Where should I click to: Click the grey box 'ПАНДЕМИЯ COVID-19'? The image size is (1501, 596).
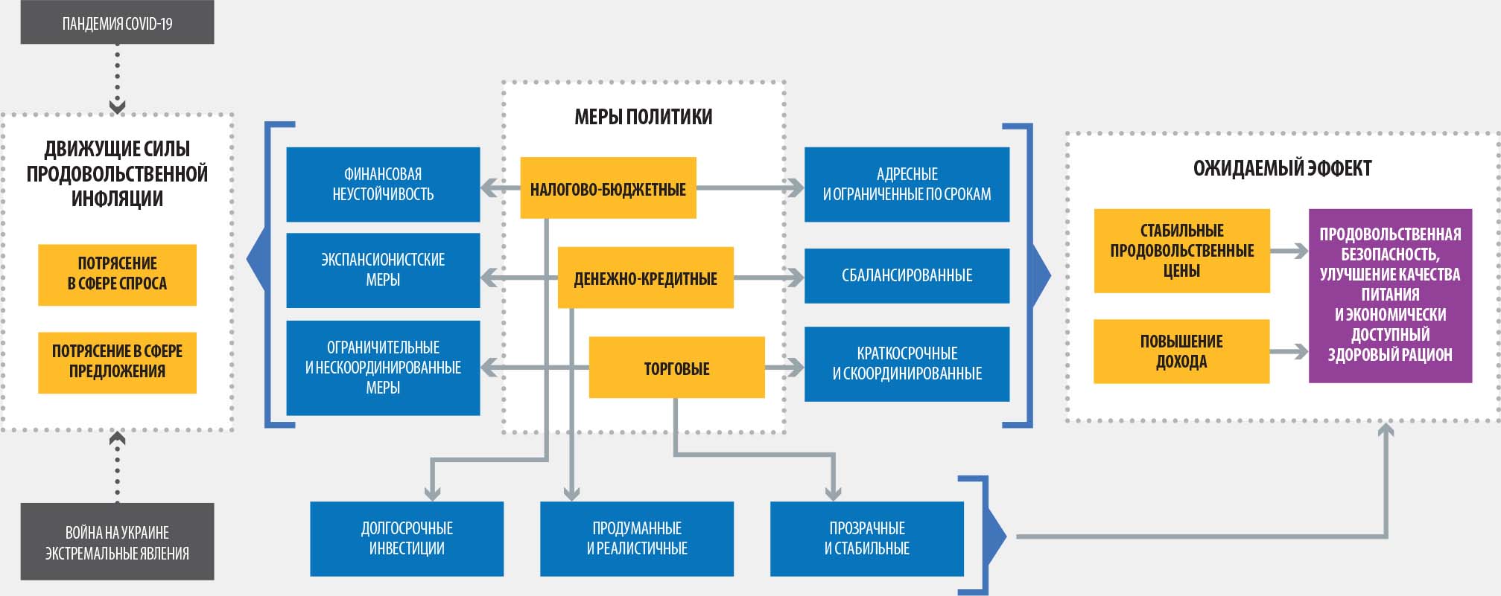coord(117,23)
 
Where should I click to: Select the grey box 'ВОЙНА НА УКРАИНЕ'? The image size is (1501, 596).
coord(117,542)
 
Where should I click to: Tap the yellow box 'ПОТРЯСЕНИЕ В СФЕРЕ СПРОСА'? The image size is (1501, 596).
coord(117,275)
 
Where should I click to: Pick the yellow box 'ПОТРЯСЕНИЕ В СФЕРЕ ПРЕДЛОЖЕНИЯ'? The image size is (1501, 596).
coord(117,362)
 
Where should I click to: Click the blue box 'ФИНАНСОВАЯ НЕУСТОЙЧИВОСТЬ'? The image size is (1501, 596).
coord(383,184)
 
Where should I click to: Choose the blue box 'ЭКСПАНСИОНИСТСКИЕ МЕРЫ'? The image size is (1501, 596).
coord(383,270)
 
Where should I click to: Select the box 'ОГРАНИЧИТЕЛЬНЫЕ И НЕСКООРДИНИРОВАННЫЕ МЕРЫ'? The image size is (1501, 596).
coord(383,368)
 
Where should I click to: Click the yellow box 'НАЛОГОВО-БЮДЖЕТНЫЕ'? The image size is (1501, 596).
coord(608,188)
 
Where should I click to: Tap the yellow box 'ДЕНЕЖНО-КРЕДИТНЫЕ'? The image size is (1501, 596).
coord(645,278)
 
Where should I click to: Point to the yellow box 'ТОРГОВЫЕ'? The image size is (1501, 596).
coord(676,368)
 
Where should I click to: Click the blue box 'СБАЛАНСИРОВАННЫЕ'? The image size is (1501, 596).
coord(907,275)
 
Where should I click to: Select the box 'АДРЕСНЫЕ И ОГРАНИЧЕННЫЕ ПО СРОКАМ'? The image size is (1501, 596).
coord(907,184)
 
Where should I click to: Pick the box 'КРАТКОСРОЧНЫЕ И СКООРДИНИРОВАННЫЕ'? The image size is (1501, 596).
coord(907,364)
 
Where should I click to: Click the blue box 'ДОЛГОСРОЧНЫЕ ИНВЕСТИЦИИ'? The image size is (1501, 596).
coord(407,539)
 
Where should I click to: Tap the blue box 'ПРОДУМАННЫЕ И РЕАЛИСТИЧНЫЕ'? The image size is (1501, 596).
coord(637,539)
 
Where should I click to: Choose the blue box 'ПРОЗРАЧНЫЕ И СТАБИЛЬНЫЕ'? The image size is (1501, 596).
coord(866,539)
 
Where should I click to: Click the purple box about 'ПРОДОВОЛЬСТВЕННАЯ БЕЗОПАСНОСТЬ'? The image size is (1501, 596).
coord(1390,295)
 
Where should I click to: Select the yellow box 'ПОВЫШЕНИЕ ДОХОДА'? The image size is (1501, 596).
coord(1181,351)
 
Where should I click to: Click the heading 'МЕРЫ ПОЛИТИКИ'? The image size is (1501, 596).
coord(644,117)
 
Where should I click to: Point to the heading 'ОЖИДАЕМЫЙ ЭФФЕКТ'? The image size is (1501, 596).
coord(1282,168)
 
